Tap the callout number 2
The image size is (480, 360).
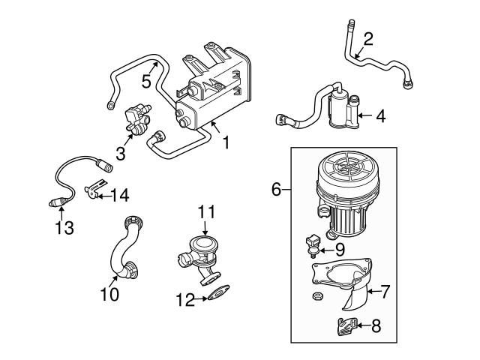click(x=367, y=39)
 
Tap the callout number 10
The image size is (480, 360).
click(x=109, y=295)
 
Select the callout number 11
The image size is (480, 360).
click(x=207, y=212)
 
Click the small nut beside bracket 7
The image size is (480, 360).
click(x=316, y=298)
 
